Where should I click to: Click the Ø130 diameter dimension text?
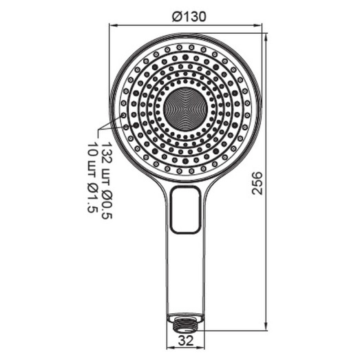coord(187,18)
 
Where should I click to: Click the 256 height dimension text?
coord(256,182)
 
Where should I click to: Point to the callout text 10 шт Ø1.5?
coord(92,178)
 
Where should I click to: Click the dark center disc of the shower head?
coord(186,108)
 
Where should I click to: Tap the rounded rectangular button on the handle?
coord(186,211)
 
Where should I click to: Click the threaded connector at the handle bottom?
coord(186,318)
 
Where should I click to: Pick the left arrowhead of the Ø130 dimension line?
coord(112,27)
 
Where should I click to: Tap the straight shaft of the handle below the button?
coord(186,275)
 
